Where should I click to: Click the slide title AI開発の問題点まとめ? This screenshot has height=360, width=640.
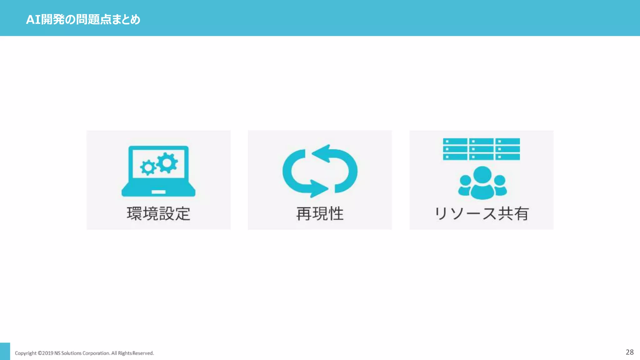pos(83,19)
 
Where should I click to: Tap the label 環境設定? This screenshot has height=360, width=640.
pos(158,214)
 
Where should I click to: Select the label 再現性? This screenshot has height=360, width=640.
pos(320,214)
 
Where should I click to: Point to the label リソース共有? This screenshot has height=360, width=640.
pos(481,214)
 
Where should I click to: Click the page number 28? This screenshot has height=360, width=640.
pos(629,352)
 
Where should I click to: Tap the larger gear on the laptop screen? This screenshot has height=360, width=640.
pos(167,162)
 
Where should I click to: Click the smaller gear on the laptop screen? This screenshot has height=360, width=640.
pos(148,167)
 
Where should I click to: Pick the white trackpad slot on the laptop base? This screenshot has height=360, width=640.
pos(158,192)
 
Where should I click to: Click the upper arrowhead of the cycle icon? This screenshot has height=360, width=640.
pos(322,153)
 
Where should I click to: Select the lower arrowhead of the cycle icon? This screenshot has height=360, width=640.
pos(318,189)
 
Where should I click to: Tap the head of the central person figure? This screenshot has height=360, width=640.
pos(482,175)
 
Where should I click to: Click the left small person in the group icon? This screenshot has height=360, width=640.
pos(465,186)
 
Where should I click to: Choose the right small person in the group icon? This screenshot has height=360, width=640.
pos(500,186)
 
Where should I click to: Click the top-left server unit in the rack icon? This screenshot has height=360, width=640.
pos(455,142)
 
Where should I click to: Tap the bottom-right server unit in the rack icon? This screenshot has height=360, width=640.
pos(507,157)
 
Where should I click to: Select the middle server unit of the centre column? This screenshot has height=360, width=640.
pos(481,149)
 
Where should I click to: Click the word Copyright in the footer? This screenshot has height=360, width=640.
pos(26,353)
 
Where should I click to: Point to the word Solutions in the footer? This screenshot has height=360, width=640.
pos(71,353)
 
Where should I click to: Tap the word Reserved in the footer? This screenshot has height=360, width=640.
pos(143,353)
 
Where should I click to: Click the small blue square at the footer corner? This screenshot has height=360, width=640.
pos(5,351)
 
